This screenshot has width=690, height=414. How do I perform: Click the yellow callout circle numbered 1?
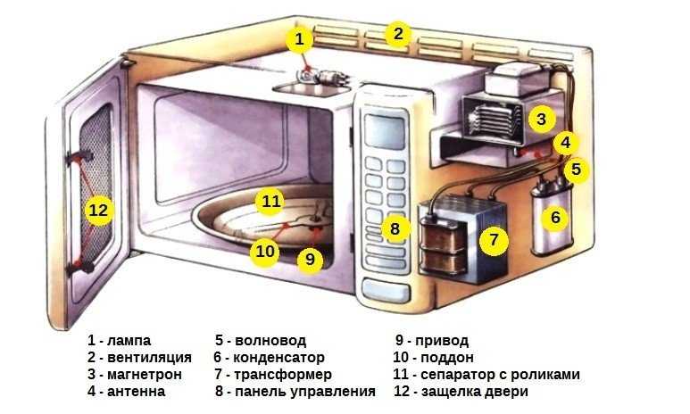click(300, 38)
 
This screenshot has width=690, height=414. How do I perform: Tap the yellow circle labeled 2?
click(398, 35)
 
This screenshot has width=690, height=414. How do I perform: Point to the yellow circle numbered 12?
click(98, 211)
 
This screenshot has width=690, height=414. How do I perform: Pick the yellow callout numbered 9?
click(309, 259)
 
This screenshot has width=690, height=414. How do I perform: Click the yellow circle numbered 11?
click(270, 201)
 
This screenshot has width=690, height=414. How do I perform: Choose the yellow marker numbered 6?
click(554, 216)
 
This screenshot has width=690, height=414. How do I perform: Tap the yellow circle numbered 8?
click(395, 228)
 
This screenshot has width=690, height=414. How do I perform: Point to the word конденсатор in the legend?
click(287, 357)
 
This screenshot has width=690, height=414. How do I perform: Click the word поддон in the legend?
click(442, 357)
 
